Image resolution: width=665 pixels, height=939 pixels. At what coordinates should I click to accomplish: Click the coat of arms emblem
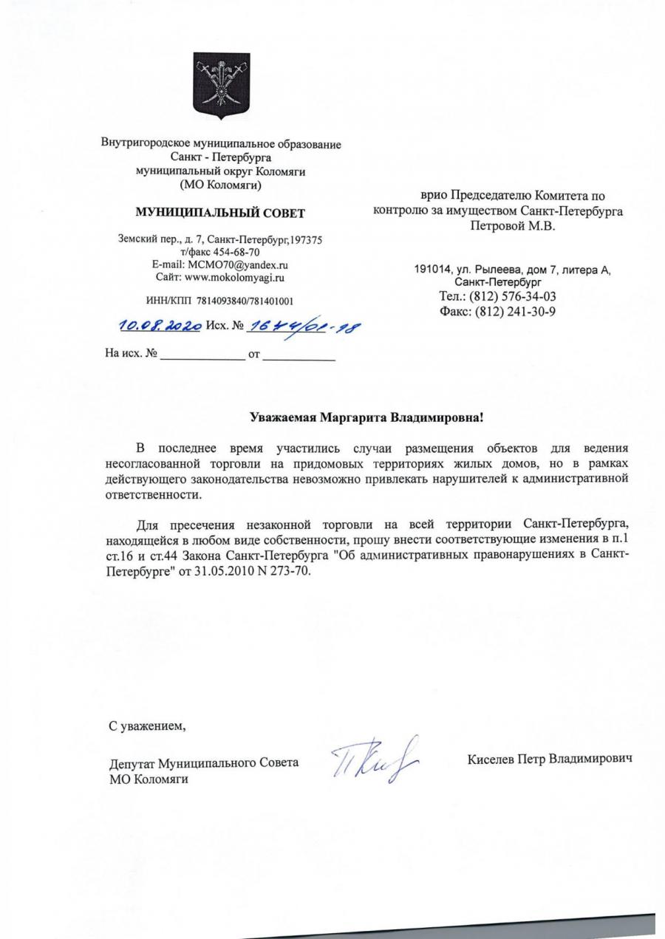(x=220, y=86)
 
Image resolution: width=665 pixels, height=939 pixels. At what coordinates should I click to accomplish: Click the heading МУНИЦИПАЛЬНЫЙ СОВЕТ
(x=220, y=214)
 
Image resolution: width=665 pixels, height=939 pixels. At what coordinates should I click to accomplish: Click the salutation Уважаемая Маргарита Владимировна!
(x=366, y=418)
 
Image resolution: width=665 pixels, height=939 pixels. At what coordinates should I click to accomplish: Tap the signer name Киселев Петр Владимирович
(x=550, y=759)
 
